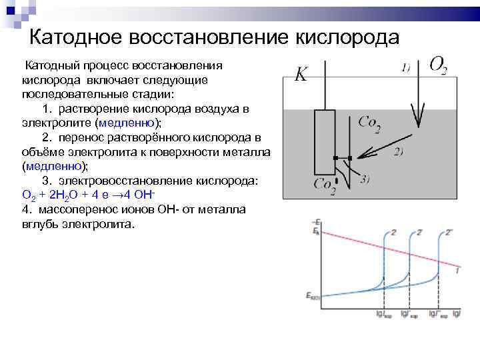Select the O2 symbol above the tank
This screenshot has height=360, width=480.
tap(438, 65)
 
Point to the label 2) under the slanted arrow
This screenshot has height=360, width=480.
tap(399, 151)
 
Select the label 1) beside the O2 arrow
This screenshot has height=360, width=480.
tap(405, 67)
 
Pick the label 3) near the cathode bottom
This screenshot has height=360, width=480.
tap(365, 179)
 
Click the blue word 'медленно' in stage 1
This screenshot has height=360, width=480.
tap(127, 122)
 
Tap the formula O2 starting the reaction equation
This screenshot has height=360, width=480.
tap(27, 196)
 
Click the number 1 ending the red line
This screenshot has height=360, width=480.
tap(457, 270)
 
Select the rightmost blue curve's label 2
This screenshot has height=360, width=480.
tap(449, 232)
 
